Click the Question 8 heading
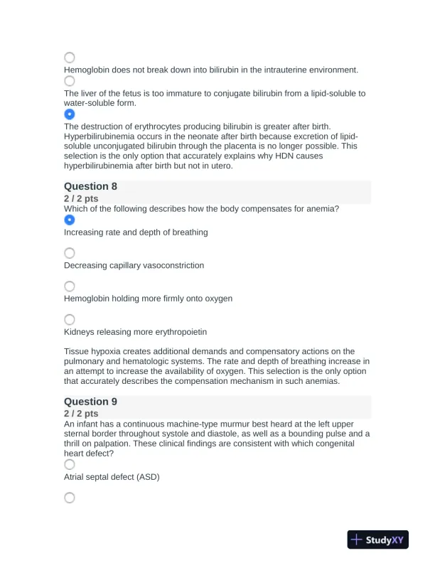(90, 186)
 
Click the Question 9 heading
(90, 402)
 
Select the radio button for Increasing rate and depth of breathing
(70, 220)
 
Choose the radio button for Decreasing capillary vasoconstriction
(70, 253)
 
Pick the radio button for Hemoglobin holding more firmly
(70, 286)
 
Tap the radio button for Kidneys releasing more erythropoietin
(70, 320)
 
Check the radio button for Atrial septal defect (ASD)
(70, 464)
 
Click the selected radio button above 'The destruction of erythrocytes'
(70, 114)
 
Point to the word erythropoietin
(178, 332)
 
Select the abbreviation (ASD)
(146, 477)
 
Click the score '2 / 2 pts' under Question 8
(81, 198)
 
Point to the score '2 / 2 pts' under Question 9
(81, 414)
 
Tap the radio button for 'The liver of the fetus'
(70, 81)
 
